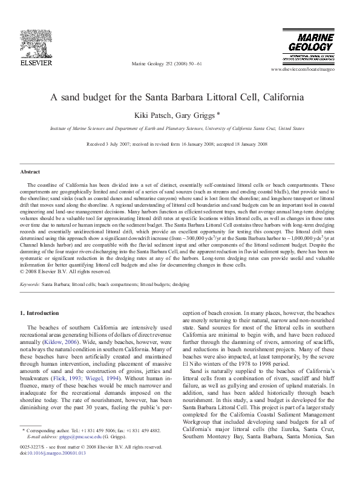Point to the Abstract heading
pos(30,172)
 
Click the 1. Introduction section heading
pos(40,313)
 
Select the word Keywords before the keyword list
pos(30,284)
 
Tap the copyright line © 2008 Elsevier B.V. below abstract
pos(63,271)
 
